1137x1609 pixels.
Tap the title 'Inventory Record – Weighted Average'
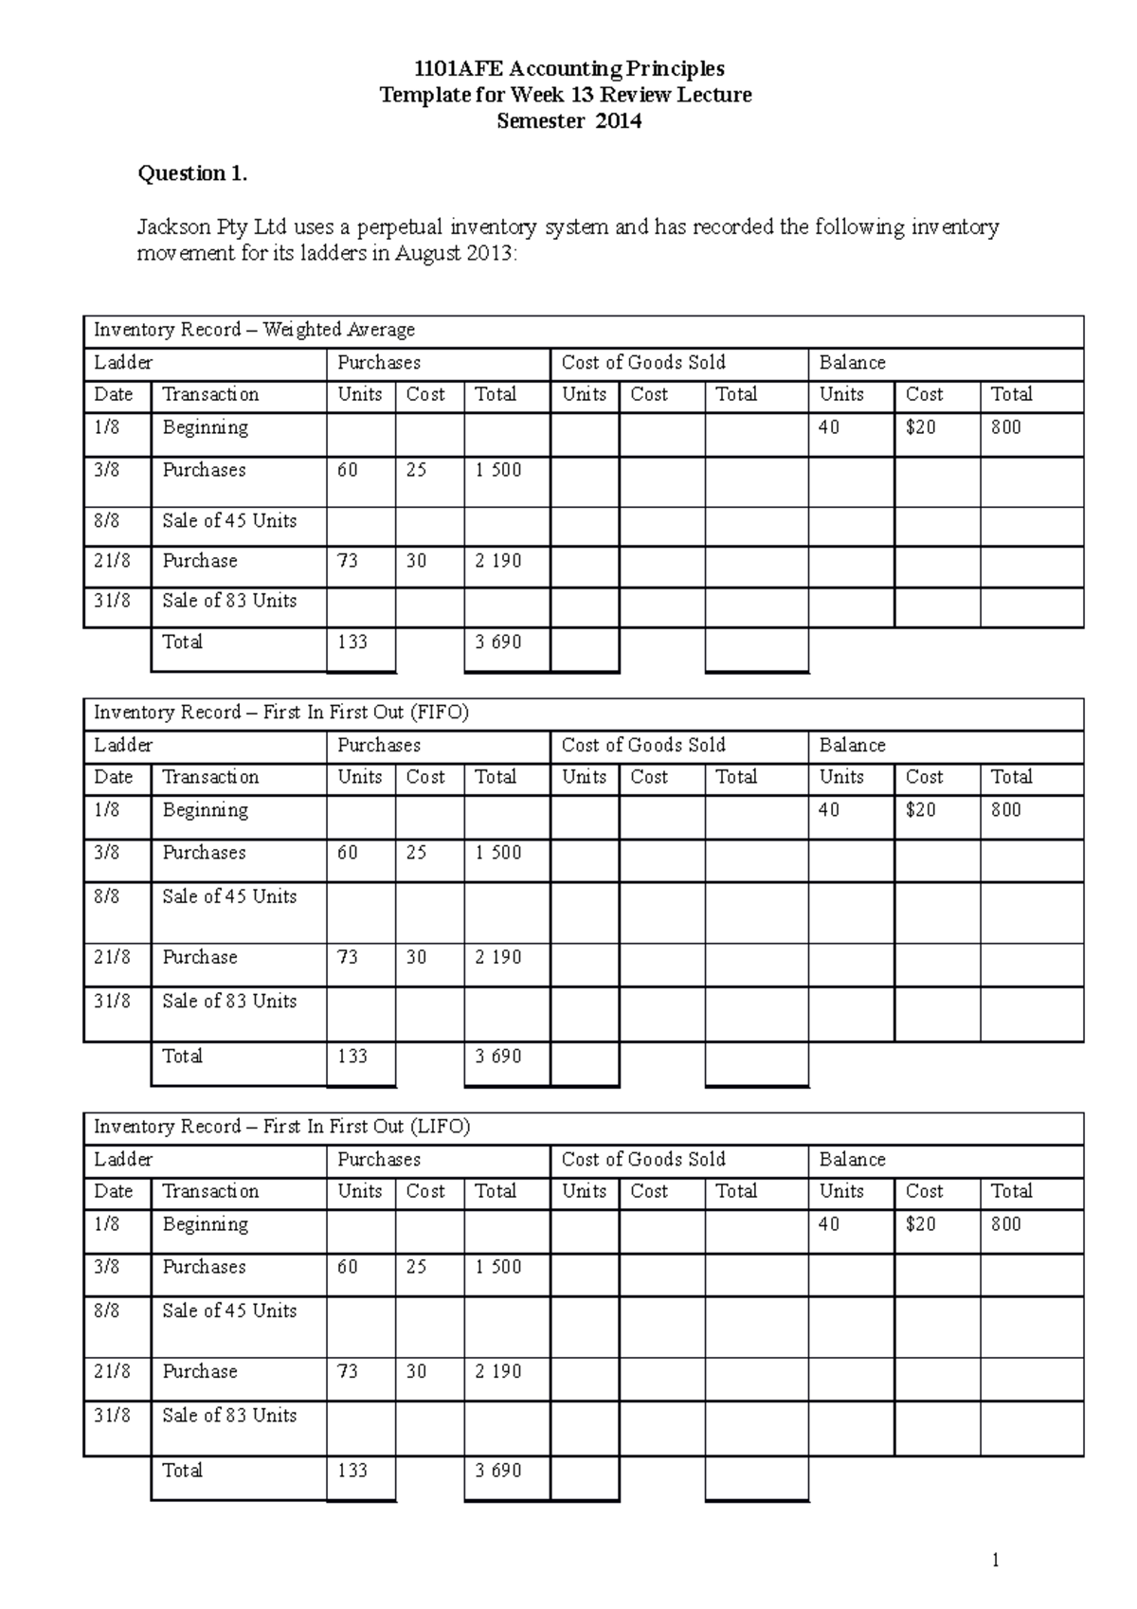[x=254, y=330]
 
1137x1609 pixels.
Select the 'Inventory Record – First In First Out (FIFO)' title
[x=280, y=713]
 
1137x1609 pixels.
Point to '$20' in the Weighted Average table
[x=920, y=427]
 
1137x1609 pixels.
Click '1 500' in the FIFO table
[x=498, y=853]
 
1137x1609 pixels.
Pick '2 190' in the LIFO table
[x=498, y=1371]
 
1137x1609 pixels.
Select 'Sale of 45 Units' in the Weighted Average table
[x=229, y=521]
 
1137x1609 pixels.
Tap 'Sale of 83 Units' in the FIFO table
[x=229, y=1002]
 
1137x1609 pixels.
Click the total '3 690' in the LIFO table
[x=498, y=1471]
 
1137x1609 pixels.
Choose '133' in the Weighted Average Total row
[x=352, y=642]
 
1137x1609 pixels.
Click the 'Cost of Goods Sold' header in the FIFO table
[x=643, y=746]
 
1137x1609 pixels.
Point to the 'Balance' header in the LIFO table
[x=852, y=1160]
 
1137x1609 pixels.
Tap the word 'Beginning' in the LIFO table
[x=205, y=1224]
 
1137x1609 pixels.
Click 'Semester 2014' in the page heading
[x=568, y=121]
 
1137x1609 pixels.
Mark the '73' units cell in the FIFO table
[x=348, y=957]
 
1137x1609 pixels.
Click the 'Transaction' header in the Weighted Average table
[x=210, y=394]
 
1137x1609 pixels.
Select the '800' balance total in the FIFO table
[x=1005, y=810]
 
